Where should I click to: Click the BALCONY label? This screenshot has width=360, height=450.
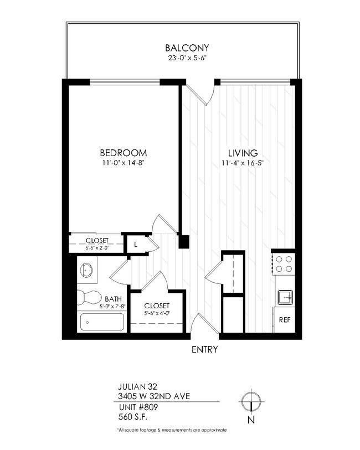click(x=182, y=48)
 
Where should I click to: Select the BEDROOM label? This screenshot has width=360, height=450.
click(x=123, y=153)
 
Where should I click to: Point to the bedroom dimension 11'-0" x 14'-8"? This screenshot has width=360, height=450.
click(x=123, y=162)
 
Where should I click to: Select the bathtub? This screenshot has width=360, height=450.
click(x=102, y=322)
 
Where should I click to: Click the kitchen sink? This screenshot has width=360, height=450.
click(x=284, y=297)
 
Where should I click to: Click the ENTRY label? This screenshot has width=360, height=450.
click(x=204, y=349)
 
